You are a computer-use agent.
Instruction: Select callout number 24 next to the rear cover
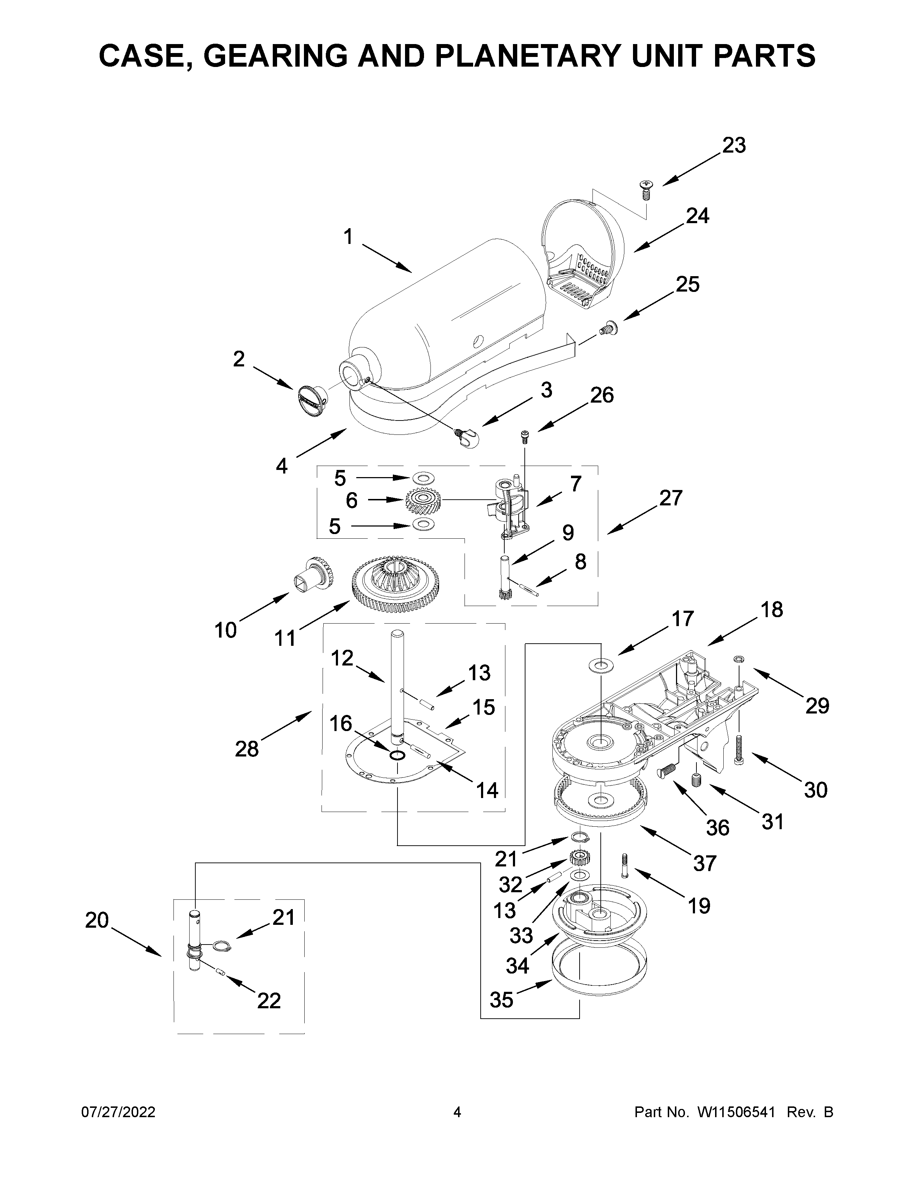click(x=698, y=216)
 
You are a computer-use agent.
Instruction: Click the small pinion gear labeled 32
click(x=579, y=858)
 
